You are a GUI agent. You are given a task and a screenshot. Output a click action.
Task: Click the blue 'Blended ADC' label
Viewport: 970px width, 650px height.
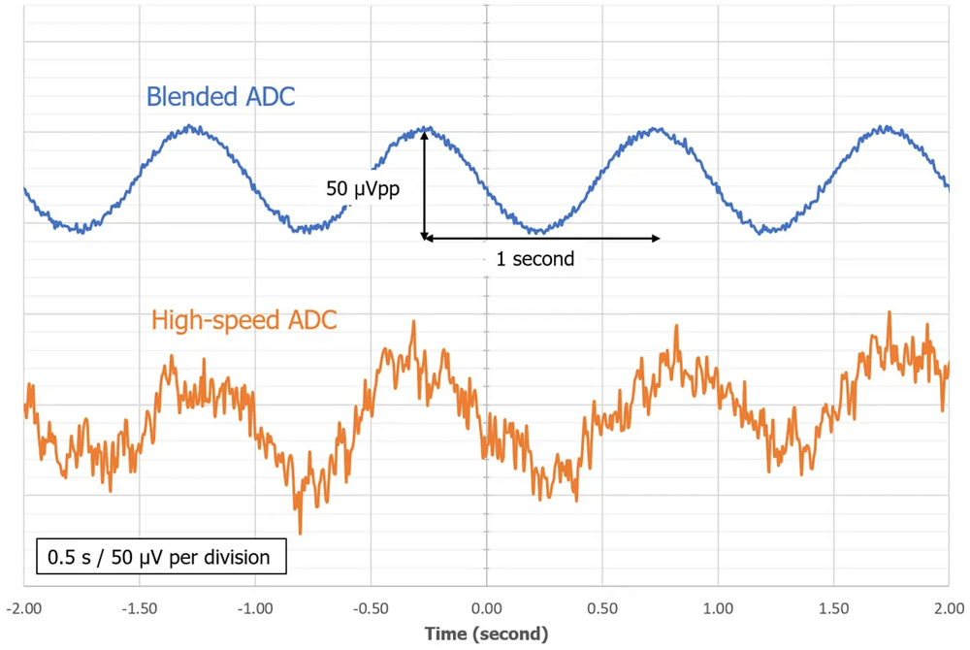[220, 97]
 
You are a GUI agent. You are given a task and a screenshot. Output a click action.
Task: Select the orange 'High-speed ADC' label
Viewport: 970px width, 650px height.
[244, 319]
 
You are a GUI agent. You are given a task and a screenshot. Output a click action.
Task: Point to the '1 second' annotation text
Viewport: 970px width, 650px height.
[529, 259]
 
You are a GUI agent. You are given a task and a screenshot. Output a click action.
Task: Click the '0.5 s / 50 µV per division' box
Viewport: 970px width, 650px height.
[161, 558]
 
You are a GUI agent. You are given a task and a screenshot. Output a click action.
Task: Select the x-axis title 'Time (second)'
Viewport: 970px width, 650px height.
[486, 634]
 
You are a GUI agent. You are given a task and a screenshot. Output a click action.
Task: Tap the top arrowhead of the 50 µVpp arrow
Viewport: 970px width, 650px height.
[424, 137]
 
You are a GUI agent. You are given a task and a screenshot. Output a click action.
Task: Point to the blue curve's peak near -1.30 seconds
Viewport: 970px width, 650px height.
[191, 126]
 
